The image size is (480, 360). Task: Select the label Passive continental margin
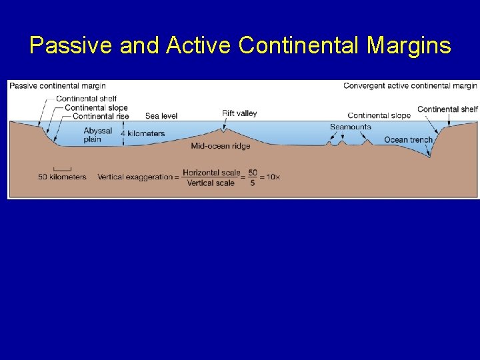57,85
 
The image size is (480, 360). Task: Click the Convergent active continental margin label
410,85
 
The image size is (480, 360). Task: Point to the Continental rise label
101,116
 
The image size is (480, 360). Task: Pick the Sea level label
161,116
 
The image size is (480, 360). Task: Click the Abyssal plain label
98,135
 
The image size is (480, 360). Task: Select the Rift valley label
239,113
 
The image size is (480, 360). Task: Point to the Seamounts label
350,127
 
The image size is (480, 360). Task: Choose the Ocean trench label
408,140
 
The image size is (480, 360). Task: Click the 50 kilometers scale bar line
62,168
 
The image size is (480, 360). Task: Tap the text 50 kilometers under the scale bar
62,177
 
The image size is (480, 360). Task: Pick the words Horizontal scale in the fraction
211,173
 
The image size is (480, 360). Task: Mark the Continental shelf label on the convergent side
447,109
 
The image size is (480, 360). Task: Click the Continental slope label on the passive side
96,107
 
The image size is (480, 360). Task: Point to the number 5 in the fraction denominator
252,183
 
